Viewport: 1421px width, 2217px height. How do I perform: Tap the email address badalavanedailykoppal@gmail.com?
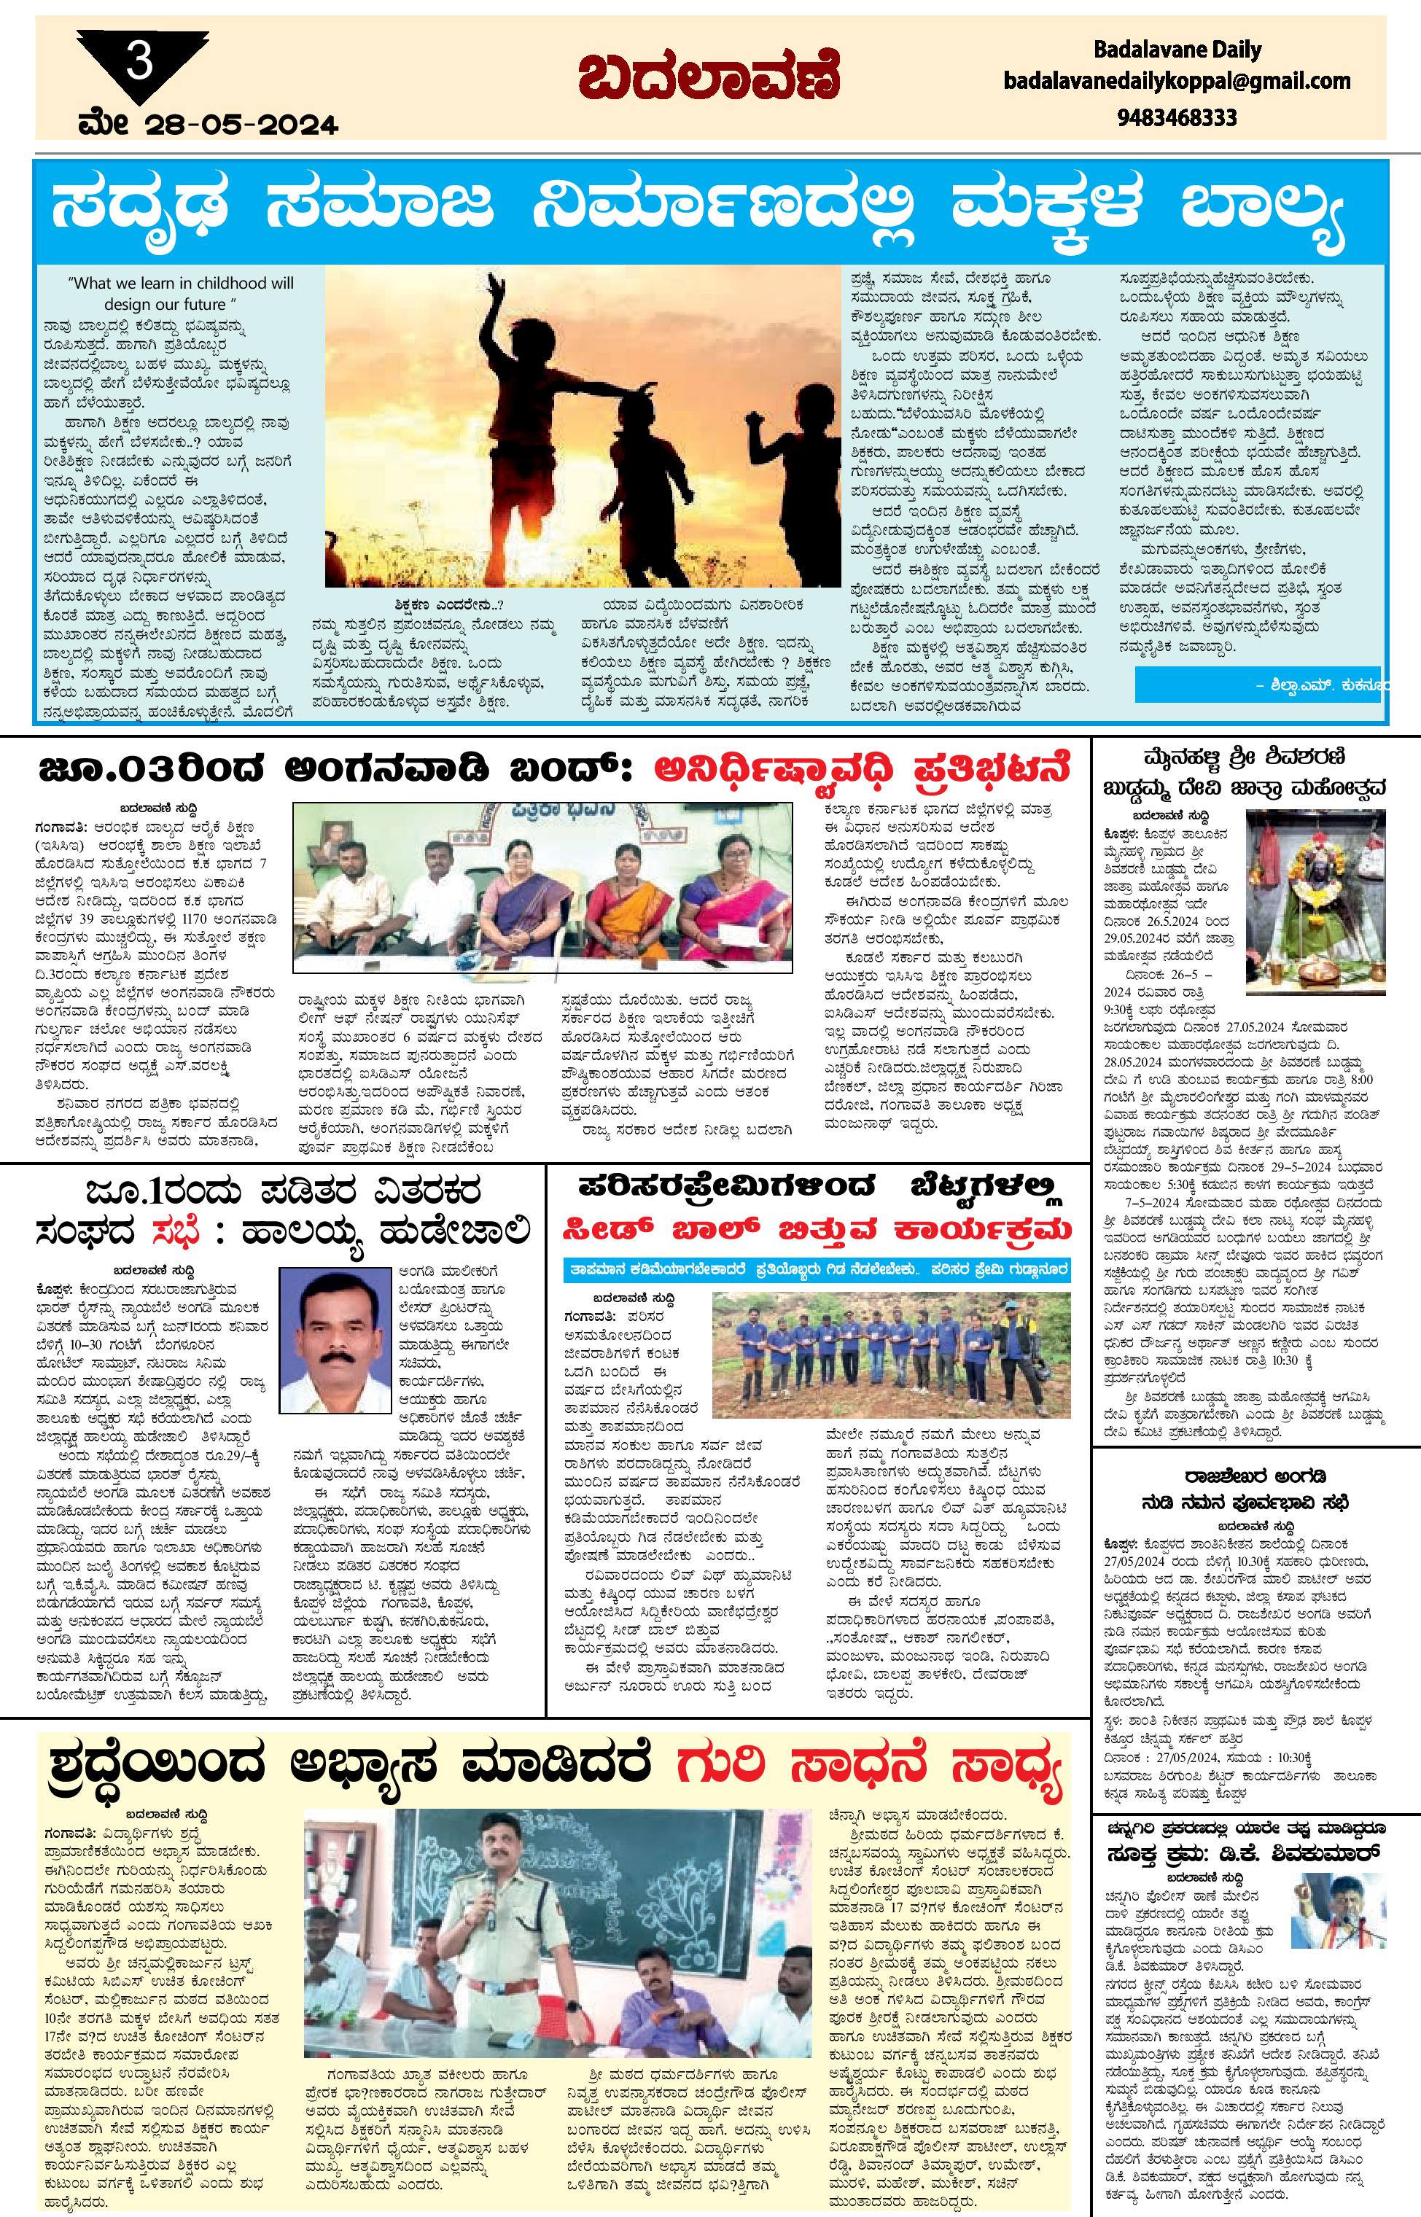(x=1177, y=81)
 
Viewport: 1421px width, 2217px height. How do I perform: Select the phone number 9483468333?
(x=1177, y=117)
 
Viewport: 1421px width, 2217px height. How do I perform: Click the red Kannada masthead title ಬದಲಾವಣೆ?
(x=709, y=79)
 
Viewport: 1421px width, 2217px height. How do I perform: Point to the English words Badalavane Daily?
(x=1177, y=49)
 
